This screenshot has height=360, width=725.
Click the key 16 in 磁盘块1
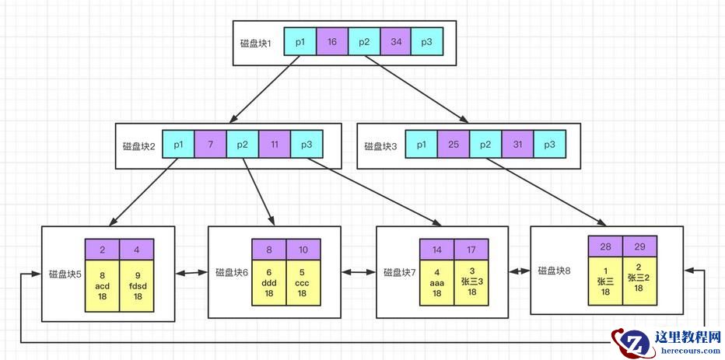point(332,42)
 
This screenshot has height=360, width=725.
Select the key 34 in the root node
point(395,42)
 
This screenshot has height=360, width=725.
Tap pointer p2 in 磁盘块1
point(363,42)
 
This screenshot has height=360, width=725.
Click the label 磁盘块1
point(256,42)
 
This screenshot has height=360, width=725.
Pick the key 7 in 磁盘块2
point(211,145)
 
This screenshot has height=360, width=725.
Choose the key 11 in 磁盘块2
point(275,145)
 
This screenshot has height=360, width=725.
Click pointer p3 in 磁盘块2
point(306,145)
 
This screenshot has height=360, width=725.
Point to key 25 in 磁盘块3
point(454,145)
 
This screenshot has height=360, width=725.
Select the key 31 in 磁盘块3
point(517,145)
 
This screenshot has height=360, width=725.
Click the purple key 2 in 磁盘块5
point(102,250)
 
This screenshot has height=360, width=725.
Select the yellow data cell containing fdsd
point(137,285)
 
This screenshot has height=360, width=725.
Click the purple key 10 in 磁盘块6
point(303,250)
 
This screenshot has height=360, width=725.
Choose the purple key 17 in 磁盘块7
point(471,250)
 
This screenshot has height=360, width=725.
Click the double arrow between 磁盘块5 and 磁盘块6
point(191,273)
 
